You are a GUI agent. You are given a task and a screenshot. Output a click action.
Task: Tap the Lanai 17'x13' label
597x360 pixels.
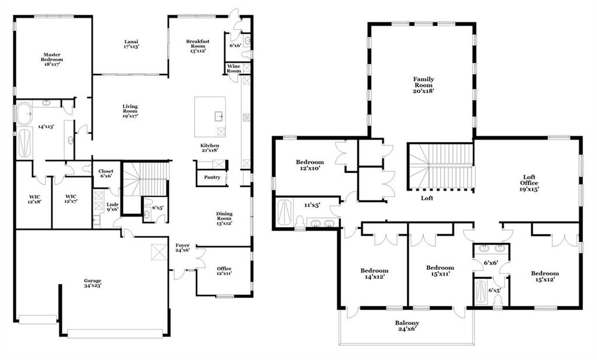point(131,44)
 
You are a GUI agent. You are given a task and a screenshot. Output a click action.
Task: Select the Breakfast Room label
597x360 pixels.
point(198,45)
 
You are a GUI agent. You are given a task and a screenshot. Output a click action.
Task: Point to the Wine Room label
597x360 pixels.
point(234,69)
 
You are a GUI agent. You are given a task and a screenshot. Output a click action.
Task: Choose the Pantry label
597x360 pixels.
point(212,177)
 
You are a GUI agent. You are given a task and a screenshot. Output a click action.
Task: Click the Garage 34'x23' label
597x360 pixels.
point(93,283)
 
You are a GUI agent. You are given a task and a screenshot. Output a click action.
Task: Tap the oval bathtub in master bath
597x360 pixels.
point(24,114)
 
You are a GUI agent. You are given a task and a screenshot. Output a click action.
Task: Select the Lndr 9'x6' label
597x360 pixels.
point(113,207)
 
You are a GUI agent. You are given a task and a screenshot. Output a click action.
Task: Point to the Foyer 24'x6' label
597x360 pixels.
point(182,248)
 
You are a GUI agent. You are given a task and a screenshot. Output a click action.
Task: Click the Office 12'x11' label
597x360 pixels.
point(224,270)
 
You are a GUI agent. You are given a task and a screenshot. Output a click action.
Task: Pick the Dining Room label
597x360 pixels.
point(224,218)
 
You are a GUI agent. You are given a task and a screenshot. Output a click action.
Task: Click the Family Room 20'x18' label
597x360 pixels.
point(424,85)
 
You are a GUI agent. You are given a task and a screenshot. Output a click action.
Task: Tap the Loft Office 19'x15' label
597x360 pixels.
point(529,183)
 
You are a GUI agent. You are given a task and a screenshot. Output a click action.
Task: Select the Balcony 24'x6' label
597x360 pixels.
point(407,326)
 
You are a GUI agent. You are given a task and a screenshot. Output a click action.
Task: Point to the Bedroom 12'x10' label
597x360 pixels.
point(310,165)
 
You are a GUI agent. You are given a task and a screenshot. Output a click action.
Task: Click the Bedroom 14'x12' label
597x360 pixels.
point(375,274)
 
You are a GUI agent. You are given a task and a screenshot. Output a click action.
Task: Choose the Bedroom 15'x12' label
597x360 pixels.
point(545,276)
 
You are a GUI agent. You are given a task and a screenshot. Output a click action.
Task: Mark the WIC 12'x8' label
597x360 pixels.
point(34,199)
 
